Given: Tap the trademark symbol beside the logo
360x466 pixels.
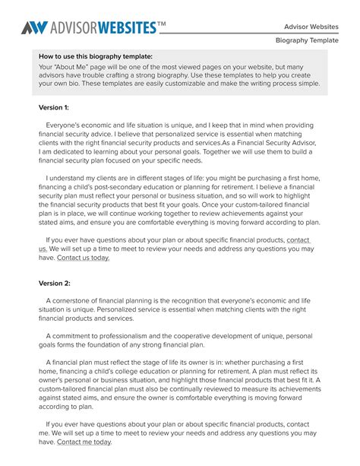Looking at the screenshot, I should (161, 24).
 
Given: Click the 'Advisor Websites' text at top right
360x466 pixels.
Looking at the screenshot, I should (311, 27).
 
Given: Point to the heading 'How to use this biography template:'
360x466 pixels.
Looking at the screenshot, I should (96, 56).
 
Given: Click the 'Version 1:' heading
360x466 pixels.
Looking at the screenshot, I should (54, 108).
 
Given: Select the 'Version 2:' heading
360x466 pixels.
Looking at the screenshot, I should (54, 283).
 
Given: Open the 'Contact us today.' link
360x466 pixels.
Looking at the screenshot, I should (84, 258).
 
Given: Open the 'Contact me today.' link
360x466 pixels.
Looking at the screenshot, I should (84, 442).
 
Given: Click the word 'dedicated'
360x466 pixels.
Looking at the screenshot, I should (66, 152).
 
